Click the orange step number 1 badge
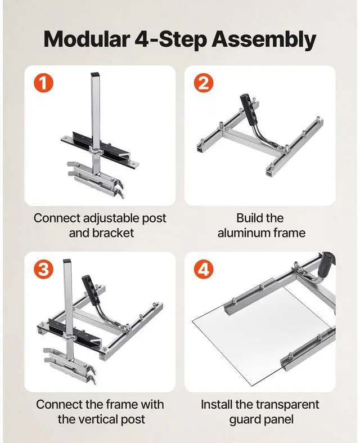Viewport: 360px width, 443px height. click(x=43, y=83)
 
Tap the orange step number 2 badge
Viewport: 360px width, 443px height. click(x=203, y=83)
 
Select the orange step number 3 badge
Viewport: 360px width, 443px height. click(x=43, y=270)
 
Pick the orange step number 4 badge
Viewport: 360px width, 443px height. click(x=203, y=270)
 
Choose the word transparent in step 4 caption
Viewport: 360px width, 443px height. click(x=287, y=405)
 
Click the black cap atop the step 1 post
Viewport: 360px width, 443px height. click(x=96, y=75)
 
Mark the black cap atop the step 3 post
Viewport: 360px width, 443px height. click(x=66, y=261)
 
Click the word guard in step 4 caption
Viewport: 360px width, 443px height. click(x=244, y=420)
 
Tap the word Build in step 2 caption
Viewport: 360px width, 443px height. click(x=246, y=218)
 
